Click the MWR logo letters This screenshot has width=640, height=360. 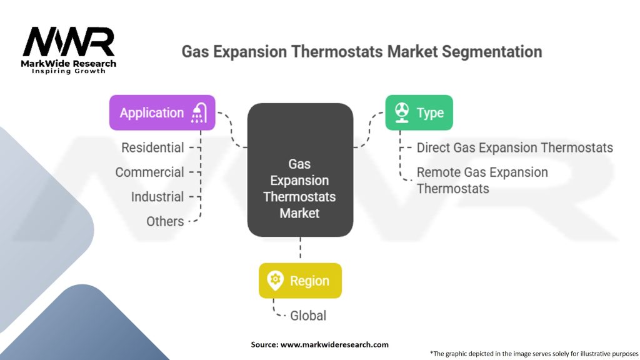(69, 42)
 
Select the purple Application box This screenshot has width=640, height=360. (162, 112)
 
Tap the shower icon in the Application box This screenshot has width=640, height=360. (199, 113)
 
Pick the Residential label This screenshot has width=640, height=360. (152, 147)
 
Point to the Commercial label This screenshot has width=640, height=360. (149, 172)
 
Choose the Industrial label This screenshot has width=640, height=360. (157, 197)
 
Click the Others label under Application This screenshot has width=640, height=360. (165, 221)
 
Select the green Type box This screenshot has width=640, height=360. (419, 112)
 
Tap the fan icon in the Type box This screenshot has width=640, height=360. (402, 112)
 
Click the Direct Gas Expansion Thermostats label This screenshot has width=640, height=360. (515, 147)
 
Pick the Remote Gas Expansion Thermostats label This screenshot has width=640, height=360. (482, 181)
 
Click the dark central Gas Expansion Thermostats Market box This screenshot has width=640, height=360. (300, 170)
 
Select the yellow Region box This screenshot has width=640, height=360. (300, 281)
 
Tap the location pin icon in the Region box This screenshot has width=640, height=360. (275, 281)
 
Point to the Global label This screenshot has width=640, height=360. (308, 316)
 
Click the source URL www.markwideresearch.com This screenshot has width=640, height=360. (334, 344)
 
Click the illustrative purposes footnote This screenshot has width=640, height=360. (534, 354)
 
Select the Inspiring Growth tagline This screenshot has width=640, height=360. (69, 71)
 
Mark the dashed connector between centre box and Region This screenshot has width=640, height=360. (301, 247)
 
